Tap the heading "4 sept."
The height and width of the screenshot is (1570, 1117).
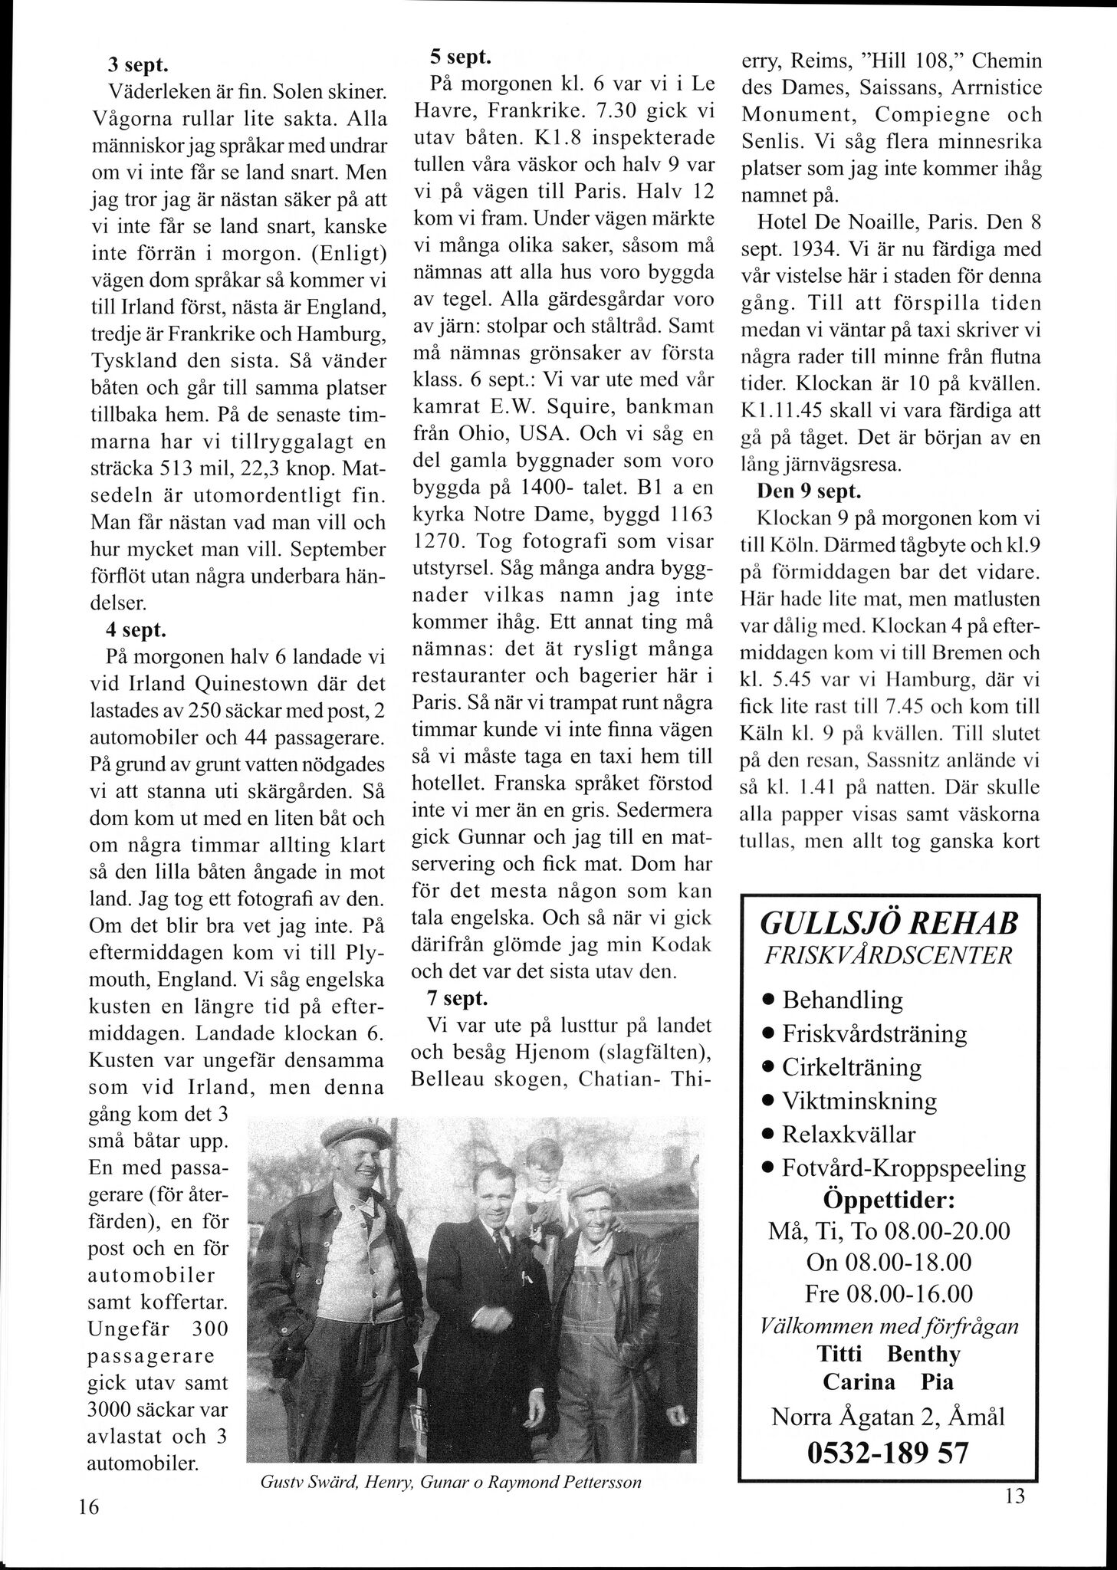click(137, 630)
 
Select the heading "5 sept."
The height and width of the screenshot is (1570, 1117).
click(459, 57)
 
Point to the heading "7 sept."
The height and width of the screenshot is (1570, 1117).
click(458, 998)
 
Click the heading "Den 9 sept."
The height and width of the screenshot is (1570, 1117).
click(805, 491)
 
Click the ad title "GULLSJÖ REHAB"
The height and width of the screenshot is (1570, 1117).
click(889, 925)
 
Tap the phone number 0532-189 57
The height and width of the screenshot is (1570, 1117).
click(888, 1452)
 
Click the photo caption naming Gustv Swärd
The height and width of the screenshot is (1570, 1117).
click(451, 1483)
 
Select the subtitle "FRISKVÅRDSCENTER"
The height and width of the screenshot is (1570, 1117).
click(889, 956)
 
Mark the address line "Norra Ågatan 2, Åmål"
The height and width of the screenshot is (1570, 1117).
click(888, 1417)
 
